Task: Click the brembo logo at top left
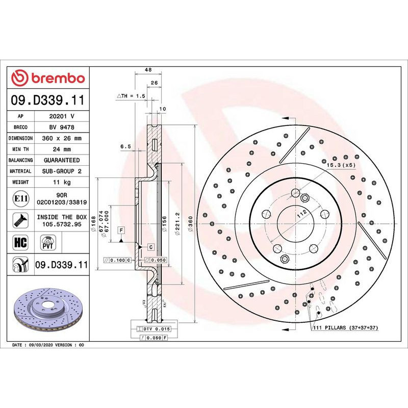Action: [x=48, y=78]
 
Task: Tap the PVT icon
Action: [x=48, y=242]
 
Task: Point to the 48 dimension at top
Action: [x=147, y=70]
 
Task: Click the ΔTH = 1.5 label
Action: [x=132, y=96]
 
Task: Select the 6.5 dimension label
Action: [x=125, y=146]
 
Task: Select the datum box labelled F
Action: [x=121, y=230]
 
